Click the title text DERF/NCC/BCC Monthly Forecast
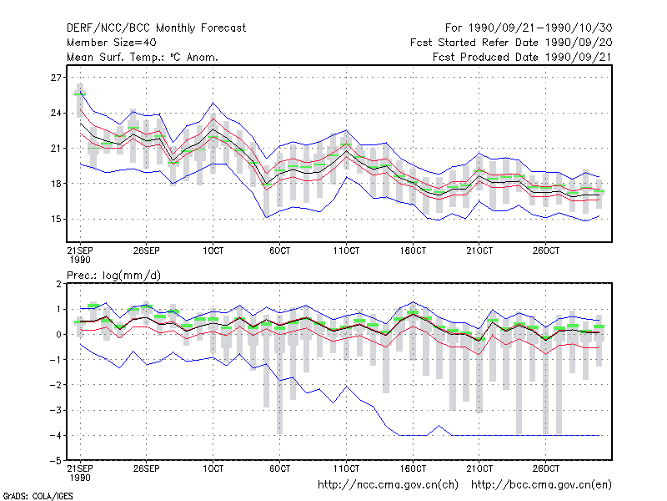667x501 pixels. (x=156, y=28)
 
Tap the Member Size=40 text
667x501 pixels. (x=112, y=43)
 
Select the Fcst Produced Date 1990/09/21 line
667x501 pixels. (x=522, y=57)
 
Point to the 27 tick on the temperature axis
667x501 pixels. (x=56, y=78)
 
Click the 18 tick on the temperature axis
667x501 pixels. (x=56, y=184)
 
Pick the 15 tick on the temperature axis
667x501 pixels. (x=56, y=219)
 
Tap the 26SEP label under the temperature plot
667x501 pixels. (x=147, y=250)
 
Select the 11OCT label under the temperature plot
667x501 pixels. (x=346, y=250)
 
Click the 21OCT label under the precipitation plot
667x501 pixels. (x=479, y=468)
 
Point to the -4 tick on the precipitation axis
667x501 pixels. (x=55, y=435)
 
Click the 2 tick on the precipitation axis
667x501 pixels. (x=58, y=284)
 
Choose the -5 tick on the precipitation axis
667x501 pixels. (x=55, y=461)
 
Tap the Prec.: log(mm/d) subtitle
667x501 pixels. (x=114, y=276)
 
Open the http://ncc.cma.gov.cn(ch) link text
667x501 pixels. (x=388, y=485)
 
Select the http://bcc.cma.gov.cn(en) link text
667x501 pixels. (x=541, y=485)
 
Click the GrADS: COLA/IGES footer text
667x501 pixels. (x=38, y=496)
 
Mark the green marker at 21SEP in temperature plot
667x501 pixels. (x=80, y=94)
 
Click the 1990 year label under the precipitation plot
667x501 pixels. (x=80, y=478)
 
